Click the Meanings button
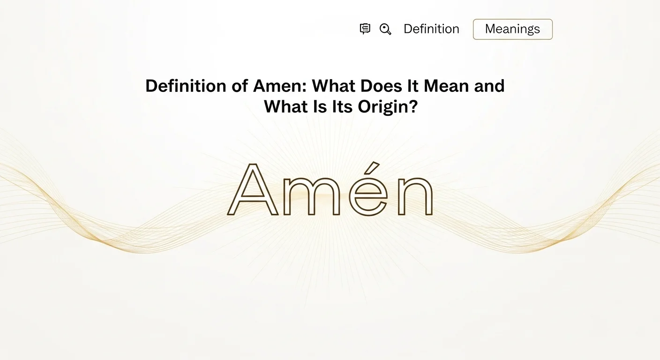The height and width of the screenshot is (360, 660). [x=513, y=29]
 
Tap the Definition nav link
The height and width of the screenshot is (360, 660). [x=431, y=29]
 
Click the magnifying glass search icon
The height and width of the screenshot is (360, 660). [x=385, y=29]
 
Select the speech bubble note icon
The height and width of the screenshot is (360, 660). [x=365, y=29]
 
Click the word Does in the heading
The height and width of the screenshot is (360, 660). [x=381, y=86]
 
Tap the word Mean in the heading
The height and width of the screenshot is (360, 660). [x=446, y=86]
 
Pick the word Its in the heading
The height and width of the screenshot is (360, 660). [x=342, y=107]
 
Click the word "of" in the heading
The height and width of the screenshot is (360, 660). [x=240, y=86]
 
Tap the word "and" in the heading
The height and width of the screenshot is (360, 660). [x=489, y=86]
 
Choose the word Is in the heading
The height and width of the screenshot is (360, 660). [x=320, y=107]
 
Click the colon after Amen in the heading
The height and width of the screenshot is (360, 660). [x=305, y=88]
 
